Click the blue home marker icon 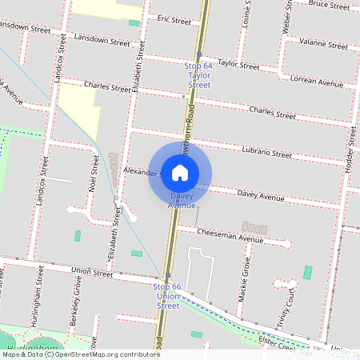180,173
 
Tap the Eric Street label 174,20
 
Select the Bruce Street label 329,5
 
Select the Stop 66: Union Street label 168,296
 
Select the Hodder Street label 348,152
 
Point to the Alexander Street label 140,172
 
